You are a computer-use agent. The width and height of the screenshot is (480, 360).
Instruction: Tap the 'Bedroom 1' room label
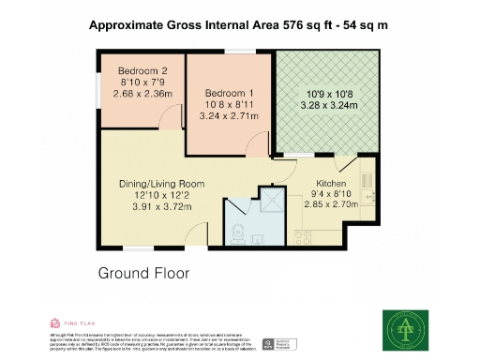pos(229,92)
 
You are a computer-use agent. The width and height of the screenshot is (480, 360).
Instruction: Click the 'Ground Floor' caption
pos(143,274)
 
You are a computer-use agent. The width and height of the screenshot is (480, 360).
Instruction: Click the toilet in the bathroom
pos(237,232)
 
